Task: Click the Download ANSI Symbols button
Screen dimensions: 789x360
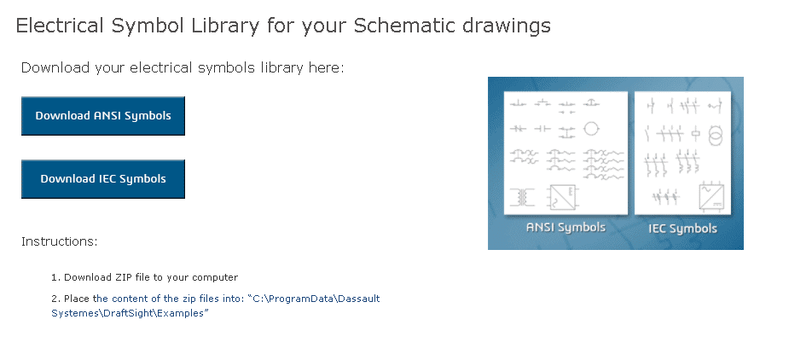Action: click(x=103, y=116)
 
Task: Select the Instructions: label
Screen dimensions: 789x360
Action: click(x=60, y=241)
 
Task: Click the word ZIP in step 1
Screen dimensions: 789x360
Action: click(x=115, y=277)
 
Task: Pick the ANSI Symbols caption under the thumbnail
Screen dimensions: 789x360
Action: click(x=566, y=227)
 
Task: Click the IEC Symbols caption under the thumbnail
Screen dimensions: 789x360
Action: click(x=682, y=229)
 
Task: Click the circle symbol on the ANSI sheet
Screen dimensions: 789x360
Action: click(x=591, y=129)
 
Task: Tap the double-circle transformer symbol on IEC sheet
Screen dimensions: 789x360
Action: click(x=715, y=135)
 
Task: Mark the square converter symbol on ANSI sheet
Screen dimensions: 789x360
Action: click(x=563, y=197)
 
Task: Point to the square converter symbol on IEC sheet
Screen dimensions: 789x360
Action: click(x=711, y=198)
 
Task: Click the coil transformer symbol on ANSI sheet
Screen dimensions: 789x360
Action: click(x=522, y=197)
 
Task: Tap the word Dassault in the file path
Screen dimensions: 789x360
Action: click(x=359, y=299)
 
